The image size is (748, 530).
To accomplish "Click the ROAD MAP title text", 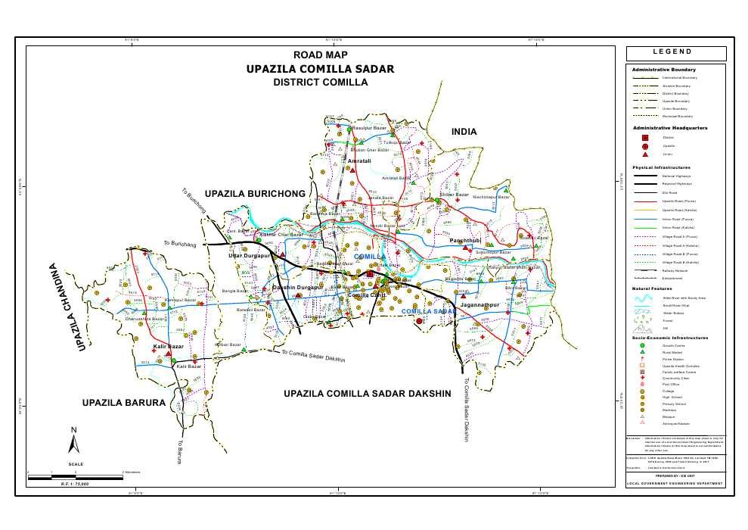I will (x=320, y=55).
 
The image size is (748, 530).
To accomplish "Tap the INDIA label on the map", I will (x=464, y=132).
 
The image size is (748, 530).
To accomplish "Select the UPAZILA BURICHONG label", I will (x=255, y=194).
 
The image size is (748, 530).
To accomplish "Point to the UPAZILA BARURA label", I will (x=123, y=403).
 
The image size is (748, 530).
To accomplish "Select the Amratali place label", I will (x=358, y=161).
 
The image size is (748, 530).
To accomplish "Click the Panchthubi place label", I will (x=465, y=240).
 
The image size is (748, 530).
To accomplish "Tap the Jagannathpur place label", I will (x=480, y=304).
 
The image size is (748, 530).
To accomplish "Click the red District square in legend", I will (x=644, y=137).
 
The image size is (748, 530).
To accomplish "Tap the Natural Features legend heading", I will (x=651, y=289).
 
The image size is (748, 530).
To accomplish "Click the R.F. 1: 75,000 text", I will (x=75, y=483).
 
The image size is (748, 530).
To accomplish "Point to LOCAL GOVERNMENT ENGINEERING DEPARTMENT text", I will (x=675, y=483).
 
